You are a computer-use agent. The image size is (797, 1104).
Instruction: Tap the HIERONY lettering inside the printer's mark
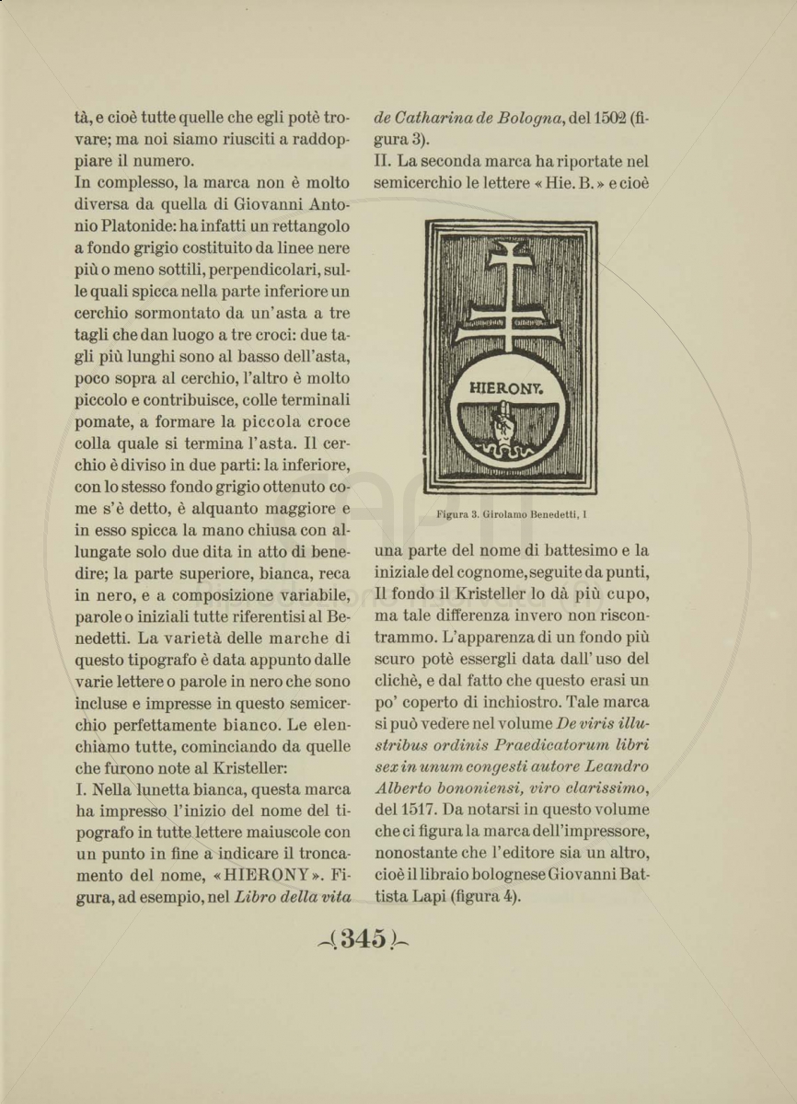pos(506,388)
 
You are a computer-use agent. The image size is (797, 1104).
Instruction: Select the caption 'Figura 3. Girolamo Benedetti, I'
pos(512,514)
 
